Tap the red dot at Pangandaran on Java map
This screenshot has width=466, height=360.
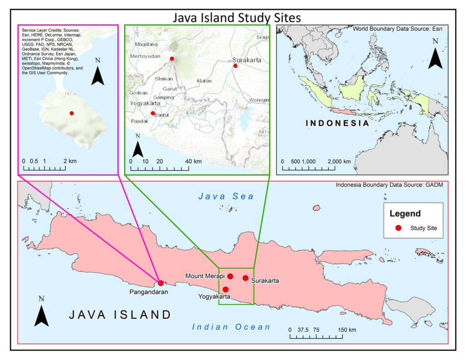pyautogui.click(x=160, y=283)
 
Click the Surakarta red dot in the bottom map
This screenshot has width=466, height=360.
pyautogui.click(x=245, y=278)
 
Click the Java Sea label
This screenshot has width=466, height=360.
pyautogui.click(x=226, y=196)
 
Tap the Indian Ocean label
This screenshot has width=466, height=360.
pyautogui.click(x=231, y=327)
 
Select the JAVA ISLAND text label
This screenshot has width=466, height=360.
pyautogui.click(x=120, y=314)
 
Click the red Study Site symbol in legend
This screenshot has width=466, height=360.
pyautogui.click(x=398, y=228)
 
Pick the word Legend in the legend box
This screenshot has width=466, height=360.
pyautogui.click(x=405, y=213)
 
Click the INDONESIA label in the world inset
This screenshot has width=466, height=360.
pyautogui.click(x=337, y=123)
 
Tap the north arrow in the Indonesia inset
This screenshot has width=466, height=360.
pyautogui.click(x=435, y=55)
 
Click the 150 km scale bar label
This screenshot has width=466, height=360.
pyautogui.click(x=346, y=330)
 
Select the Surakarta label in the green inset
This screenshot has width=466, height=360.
pyautogui.click(x=246, y=60)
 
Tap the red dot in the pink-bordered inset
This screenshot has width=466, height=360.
pyautogui.click(x=71, y=113)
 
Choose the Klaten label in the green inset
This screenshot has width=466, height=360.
pyautogui.click(x=204, y=81)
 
